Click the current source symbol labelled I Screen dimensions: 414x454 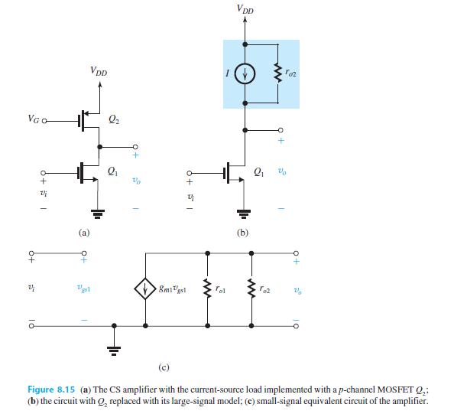pyautogui.click(x=245, y=74)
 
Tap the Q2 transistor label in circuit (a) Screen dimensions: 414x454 pyautogui.click(x=114, y=119)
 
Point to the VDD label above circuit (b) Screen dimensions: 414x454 pyautogui.click(x=245, y=9)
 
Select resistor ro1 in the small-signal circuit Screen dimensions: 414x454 pyautogui.click(x=206, y=289)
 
